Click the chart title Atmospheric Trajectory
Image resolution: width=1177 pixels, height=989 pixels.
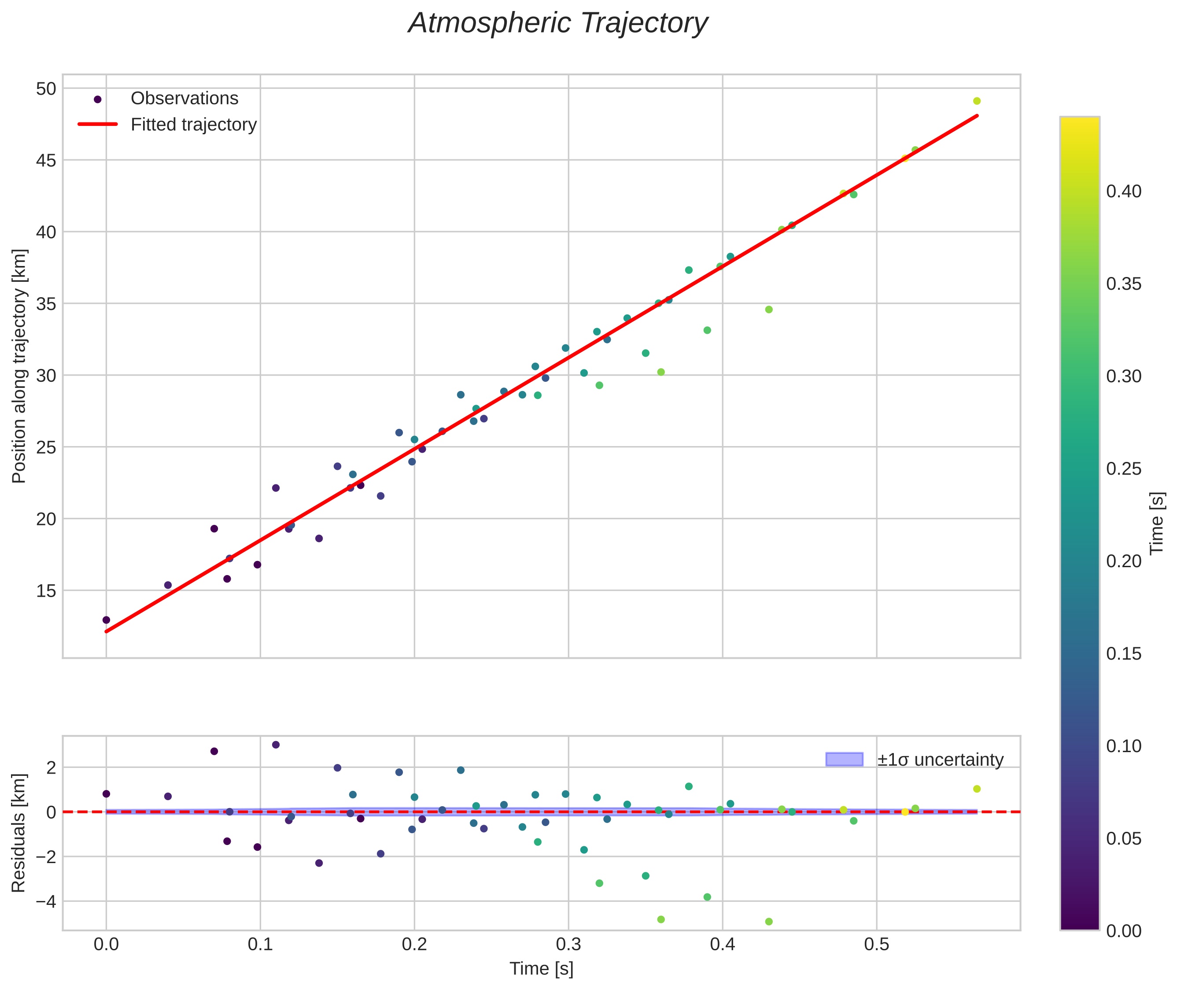tap(558, 23)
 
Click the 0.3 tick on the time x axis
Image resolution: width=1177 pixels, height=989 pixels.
tap(568, 944)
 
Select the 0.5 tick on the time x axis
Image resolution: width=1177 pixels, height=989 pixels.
tap(876, 944)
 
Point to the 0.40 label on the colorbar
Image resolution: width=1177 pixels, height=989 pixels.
tap(1124, 192)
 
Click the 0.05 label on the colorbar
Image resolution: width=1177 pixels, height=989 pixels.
tap(1124, 839)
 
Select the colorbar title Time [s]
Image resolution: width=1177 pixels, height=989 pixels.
tap(1157, 524)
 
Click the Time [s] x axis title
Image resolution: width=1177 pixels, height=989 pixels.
tap(541, 969)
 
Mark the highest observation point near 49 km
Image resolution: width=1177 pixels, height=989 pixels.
tap(977, 101)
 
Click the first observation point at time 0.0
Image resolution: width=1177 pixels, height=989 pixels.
tap(106, 620)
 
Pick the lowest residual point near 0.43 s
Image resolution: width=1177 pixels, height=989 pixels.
tap(769, 922)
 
